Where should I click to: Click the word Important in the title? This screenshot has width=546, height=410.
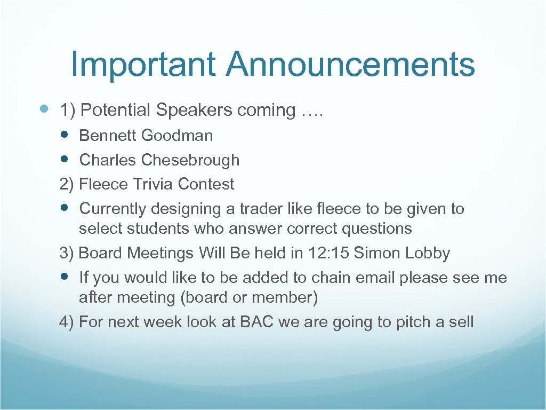click(143, 64)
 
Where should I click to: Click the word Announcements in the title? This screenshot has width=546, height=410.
click(350, 64)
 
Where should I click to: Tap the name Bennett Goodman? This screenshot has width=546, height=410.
click(146, 136)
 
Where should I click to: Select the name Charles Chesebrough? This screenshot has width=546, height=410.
click(159, 160)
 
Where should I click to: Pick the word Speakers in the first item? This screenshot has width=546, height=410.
click(194, 110)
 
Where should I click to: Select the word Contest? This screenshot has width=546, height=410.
click(206, 184)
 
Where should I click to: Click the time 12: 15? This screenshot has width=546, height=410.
click(328, 253)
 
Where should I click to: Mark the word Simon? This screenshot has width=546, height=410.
click(376, 253)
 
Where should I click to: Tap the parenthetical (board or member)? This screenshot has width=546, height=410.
click(249, 297)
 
